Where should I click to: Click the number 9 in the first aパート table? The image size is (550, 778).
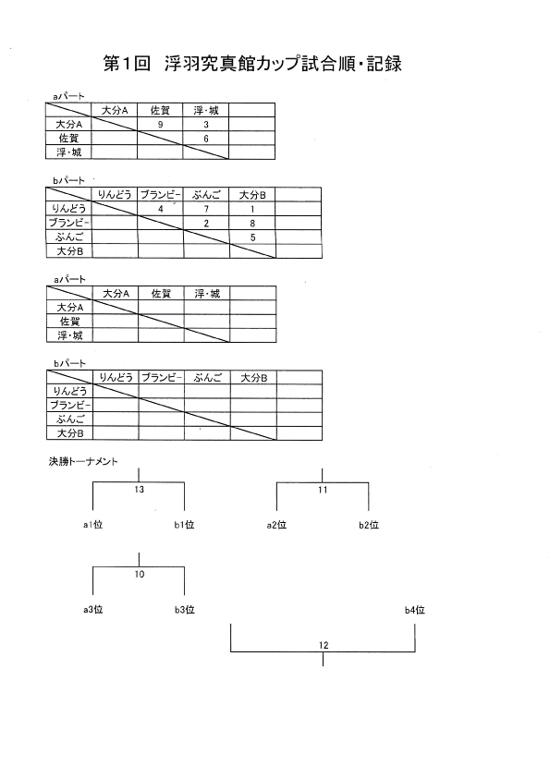(160, 125)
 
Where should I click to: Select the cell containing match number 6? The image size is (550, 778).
(206, 139)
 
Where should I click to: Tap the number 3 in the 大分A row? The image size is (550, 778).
(206, 125)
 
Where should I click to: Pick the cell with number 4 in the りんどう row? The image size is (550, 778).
(160, 209)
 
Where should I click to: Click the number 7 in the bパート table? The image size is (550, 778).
(206, 209)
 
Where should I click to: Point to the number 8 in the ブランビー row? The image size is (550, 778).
(252, 224)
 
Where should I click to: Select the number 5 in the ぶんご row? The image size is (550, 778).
(252, 237)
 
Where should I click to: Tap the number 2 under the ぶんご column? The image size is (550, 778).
(206, 224)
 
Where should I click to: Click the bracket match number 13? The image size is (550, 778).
(139, 490)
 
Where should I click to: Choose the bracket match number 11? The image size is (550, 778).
(323, 490)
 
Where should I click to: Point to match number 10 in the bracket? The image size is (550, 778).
(139, 574)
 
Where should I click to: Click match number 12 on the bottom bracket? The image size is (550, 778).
(324, 645)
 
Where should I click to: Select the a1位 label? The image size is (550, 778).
(92, 525)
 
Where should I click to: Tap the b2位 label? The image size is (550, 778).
(369, 525)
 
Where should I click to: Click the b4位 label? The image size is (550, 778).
(414, 610)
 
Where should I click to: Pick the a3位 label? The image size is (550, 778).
(92, 609)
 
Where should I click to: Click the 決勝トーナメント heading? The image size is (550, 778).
(83, 461)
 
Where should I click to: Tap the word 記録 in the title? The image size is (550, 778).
(385, 64)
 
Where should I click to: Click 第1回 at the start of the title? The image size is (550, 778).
(127, 64)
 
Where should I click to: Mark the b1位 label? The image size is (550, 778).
(184, 525)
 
